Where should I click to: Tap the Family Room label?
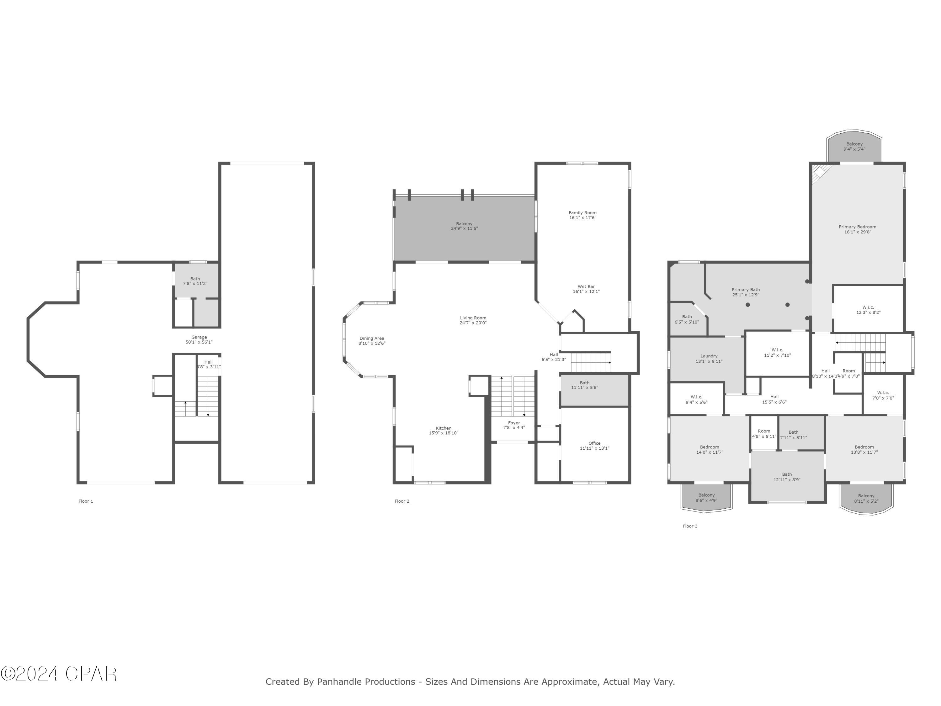pos(582,213)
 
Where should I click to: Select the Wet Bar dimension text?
pos(586,291)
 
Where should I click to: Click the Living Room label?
pos(473,318)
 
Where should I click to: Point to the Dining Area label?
pos(371,338)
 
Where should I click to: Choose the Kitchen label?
pos(443,428)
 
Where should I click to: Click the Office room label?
pos(594,443)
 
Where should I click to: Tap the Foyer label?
pos(514,423)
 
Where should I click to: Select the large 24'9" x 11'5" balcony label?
pos(464,226)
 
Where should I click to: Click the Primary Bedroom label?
pos(857,227)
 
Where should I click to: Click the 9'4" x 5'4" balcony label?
pos(854,147)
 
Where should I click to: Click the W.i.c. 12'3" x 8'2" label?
pos(868,310)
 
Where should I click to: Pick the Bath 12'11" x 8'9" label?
pos(787,477)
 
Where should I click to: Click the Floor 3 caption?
pos(690,526)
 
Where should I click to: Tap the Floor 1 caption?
pos(86,501)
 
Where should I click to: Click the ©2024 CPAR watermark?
pos(59,674)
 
